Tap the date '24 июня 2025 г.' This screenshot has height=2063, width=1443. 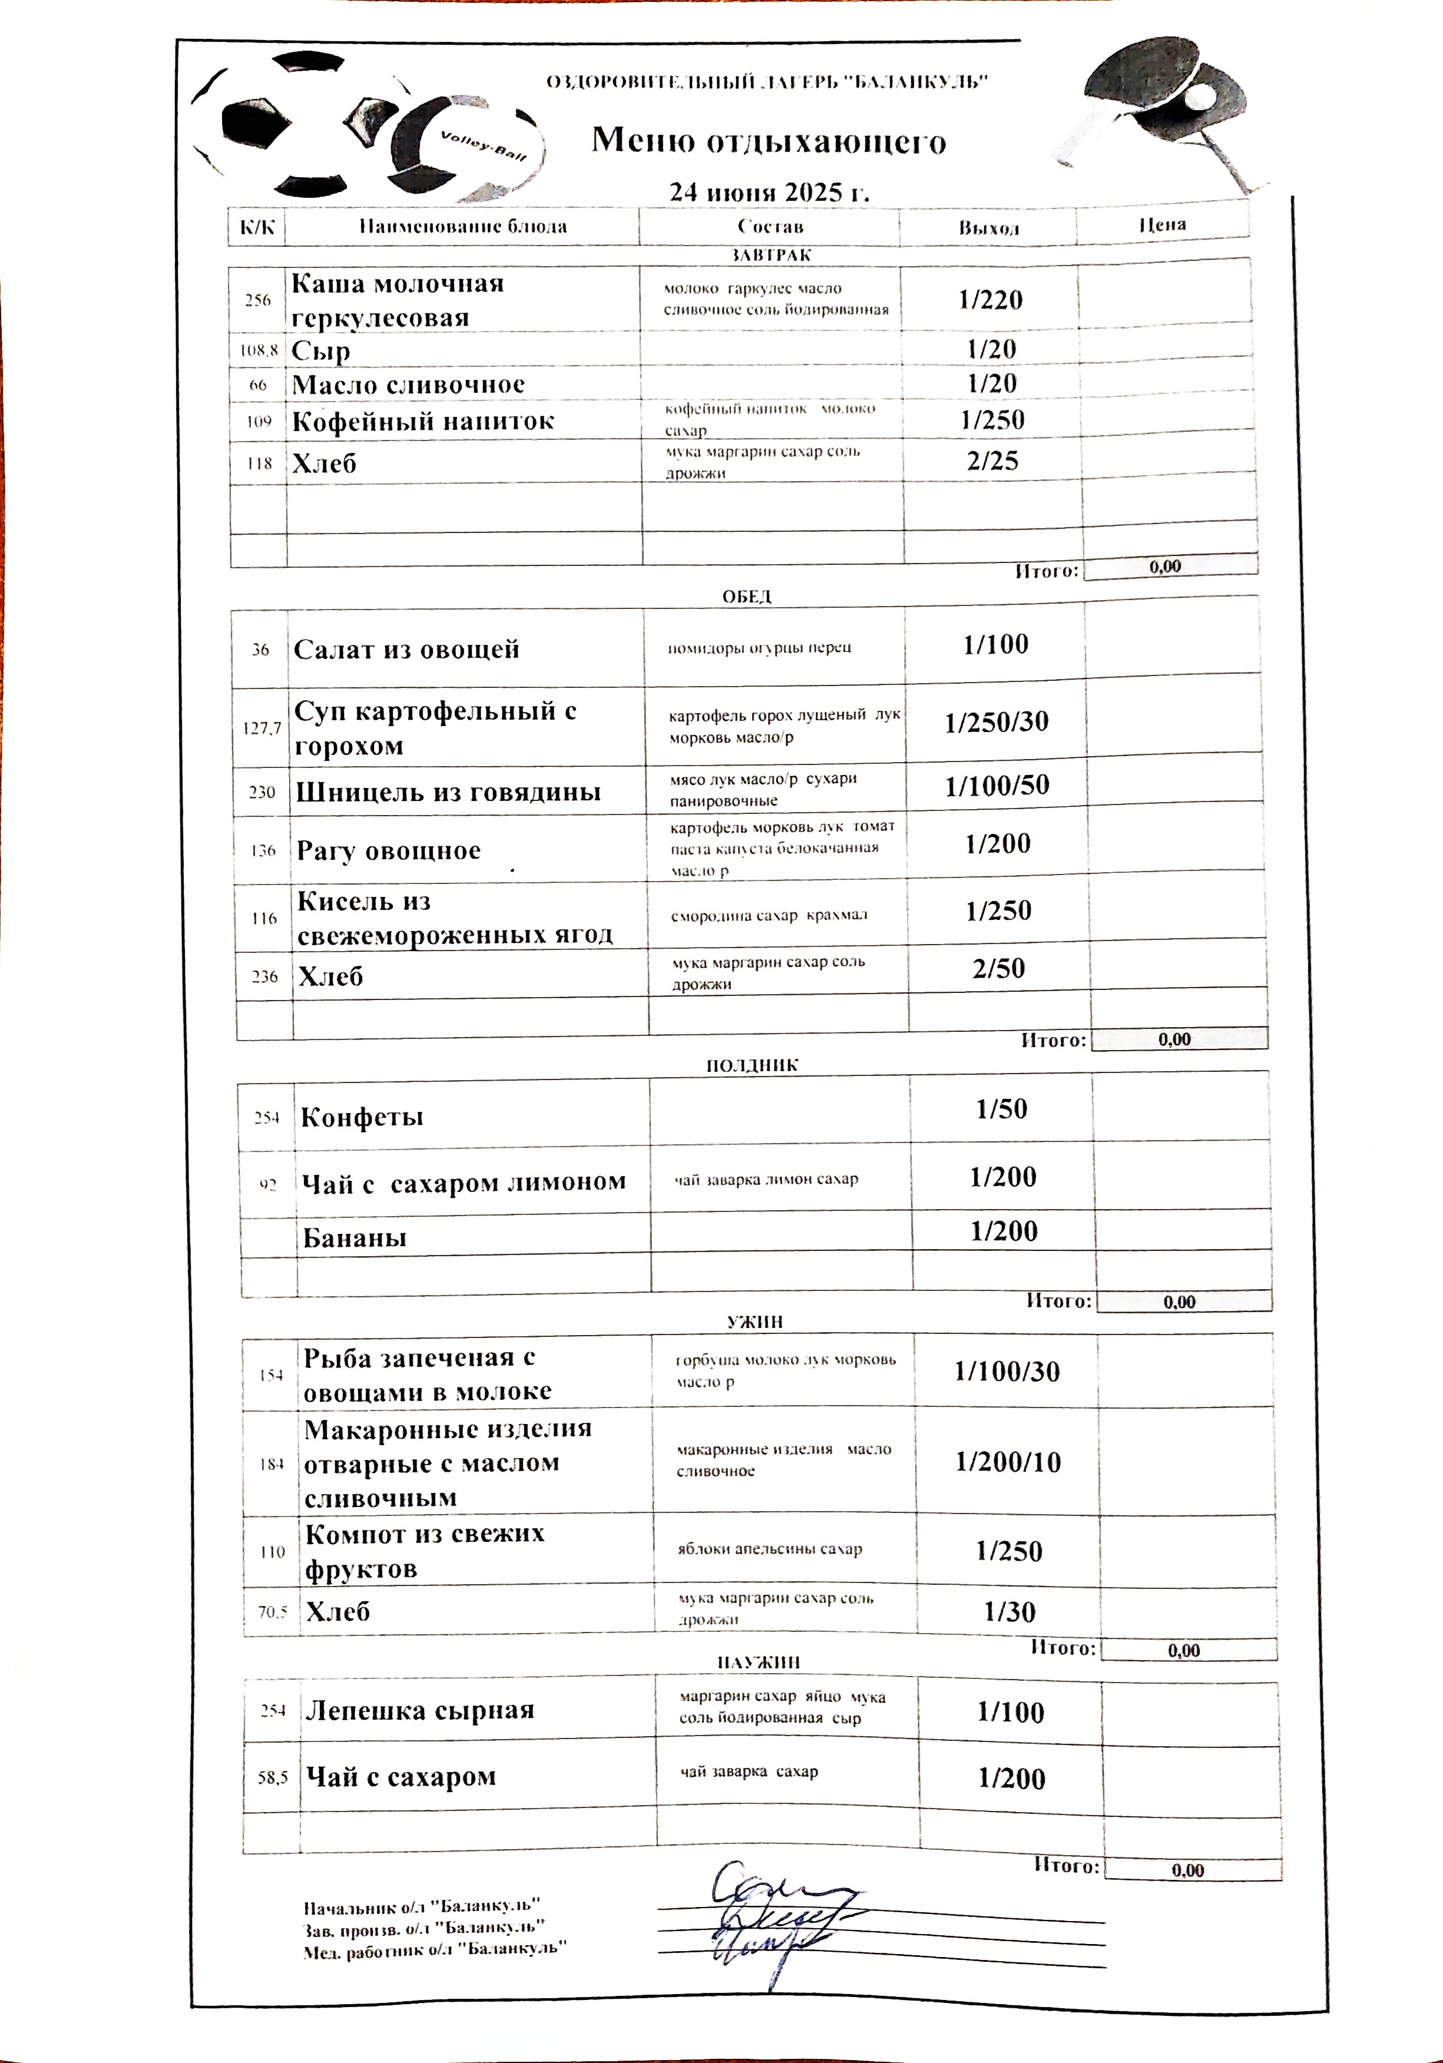click(x=769, y=192)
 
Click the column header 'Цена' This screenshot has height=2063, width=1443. click(x=1162, y=224)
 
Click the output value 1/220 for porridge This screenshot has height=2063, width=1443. click(x=990, y=300)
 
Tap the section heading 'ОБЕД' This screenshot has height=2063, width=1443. click(x=747, y=597)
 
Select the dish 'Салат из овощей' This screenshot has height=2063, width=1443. click(x=406, y=650)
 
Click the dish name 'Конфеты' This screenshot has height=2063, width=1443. click(x=361, y=1117)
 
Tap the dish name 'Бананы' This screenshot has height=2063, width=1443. click(x=354, y=1238)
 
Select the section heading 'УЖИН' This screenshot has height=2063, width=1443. click(x=754, y=1322)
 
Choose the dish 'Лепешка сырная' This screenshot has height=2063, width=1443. click(x=419, y=1710)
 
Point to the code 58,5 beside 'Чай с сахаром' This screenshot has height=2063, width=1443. click(x=272, y=1777)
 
